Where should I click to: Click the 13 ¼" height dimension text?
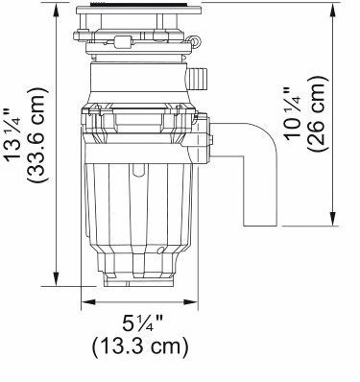pyautogui.click(x=12, y=134)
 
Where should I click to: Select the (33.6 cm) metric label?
pyautogui.click(x=36, y=134)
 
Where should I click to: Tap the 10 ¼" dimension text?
pyautogui.click(x=293, y=114)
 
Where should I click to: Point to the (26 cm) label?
pyautogui.click(x=317, y=114)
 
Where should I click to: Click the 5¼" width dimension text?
pyautogui.click(x=143, y=323)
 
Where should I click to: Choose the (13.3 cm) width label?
pyautogui.click(x=140, y=347)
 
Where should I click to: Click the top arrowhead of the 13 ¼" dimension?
pyautogui.click(x=57, y=9)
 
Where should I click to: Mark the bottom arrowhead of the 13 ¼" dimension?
pyautogui.click(x=57, y=278)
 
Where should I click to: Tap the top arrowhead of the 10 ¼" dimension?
pyautogui.click(x=333, y=9)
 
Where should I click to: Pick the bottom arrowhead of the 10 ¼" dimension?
pyautogui.click(x=333, y=219)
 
